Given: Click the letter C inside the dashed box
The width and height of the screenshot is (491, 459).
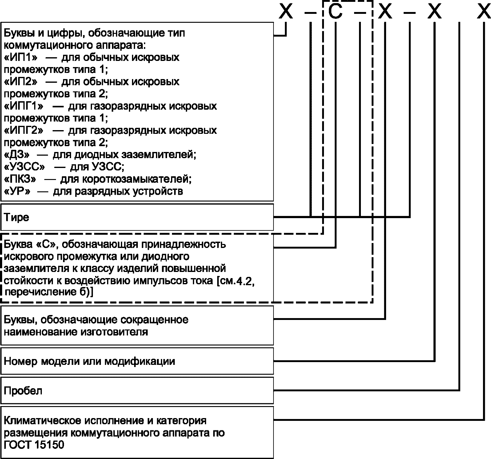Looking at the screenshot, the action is click(335, 12).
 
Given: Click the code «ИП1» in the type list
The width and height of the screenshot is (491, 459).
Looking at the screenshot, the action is click(21, 58).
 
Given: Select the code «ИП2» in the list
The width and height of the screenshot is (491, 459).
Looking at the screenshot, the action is click(21, 82).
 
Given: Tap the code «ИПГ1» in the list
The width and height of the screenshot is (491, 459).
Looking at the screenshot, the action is click(24, 106).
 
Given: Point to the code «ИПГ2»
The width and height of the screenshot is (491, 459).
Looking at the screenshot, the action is click(24, 130).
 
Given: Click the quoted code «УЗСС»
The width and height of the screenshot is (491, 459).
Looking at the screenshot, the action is click(25, 167).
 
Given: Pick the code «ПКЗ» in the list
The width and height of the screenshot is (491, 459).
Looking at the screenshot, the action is click(20, 179).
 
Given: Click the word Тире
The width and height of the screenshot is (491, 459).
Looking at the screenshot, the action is click(17, 218).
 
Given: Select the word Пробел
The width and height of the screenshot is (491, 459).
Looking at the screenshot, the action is click(23, 391).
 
